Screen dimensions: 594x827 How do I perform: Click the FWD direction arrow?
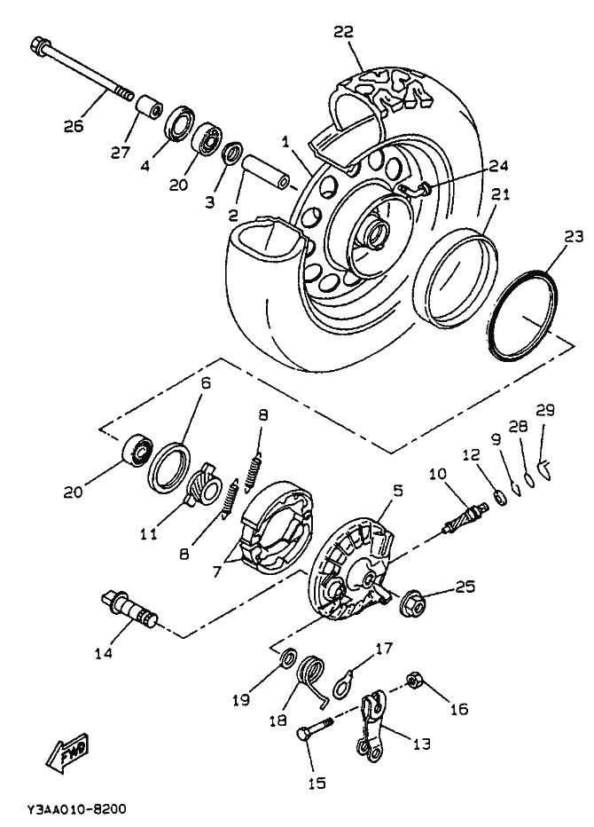(67, 752)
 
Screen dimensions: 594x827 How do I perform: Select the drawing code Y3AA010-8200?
(77, 808)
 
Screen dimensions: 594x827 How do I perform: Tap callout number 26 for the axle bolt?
(74, 126)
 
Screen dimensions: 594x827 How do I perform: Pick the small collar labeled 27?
(150, 108)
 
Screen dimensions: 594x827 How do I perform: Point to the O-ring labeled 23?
(521, 315)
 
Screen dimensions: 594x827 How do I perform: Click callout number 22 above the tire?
(343, 32)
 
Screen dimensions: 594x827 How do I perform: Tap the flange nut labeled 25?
(412, 603)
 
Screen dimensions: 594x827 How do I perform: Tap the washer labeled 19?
(288, 658)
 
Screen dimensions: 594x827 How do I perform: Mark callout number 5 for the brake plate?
(397, 491)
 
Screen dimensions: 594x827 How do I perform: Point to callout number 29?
(545, 410)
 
